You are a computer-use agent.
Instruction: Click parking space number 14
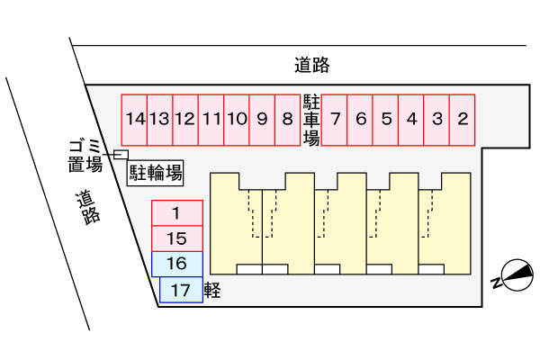point(134,120)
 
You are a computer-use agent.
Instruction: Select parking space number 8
point(288,120)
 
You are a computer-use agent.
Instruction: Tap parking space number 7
point(334,120)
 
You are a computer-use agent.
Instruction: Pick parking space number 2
point(463,120)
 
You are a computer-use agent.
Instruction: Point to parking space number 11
point(211,120)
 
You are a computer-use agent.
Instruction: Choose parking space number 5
point(385,120)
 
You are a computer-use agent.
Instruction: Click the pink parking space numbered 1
point(177,213)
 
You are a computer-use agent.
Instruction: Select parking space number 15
point(177,238)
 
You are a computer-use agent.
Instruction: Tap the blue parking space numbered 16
point(177,265)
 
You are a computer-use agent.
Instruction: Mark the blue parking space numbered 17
point(181,290)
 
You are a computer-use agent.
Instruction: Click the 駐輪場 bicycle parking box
point(155,173)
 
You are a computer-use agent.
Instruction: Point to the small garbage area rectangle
point(121,155)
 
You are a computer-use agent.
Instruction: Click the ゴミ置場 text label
point(85,156)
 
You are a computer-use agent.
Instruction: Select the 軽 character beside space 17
point(212,290)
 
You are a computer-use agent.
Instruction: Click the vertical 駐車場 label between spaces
point(311,120)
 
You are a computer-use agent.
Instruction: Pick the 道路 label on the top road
point(312,65)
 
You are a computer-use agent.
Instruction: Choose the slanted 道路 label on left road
point(88,207)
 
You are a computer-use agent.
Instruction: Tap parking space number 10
point(237,120)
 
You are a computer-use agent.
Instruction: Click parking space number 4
point(411,120)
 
